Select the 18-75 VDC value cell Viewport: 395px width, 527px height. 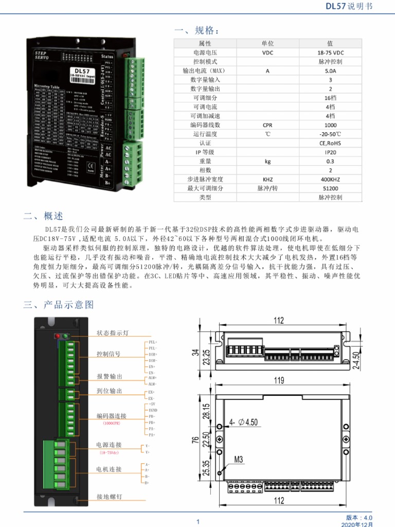[x=330, y=52]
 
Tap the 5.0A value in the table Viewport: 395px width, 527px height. [x=330, y=71]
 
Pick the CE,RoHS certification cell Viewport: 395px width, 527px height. [x=330, y=143]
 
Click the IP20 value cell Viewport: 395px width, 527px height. [x=330, y=152]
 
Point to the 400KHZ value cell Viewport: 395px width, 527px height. [x=330, y=179]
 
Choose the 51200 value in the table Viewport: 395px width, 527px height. [x=330, y=188]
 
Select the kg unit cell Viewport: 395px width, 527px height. [x=267, y=161]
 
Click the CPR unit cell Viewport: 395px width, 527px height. [x=267, y=125]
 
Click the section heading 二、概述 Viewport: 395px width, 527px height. [x=43, y=216]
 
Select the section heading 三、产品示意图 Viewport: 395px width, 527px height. [x=59, y=305]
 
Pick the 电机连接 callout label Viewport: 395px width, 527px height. [x=109, y=469]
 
